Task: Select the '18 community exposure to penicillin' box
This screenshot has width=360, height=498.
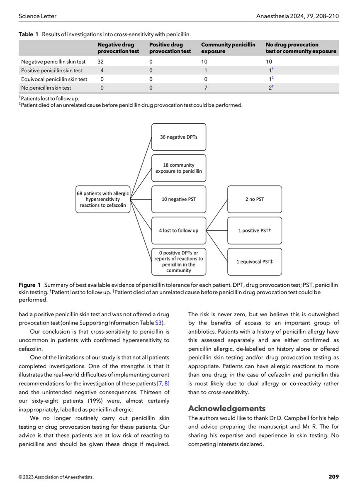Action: tap(178, 168)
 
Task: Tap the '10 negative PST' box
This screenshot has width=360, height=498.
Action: tap(178, 199)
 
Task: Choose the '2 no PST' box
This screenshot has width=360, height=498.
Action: tap(255, 199)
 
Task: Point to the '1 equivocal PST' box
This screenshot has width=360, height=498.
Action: tap(255, 261)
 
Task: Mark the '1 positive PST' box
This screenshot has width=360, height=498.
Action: tap(255, 230)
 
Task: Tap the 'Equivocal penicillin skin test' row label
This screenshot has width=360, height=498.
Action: tap(54, 79)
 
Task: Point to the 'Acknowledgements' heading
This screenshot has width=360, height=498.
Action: tap(226, 408)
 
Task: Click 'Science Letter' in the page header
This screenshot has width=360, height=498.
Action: tap(38, 16)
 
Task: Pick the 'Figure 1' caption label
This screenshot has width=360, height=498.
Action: tap(30, 285)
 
